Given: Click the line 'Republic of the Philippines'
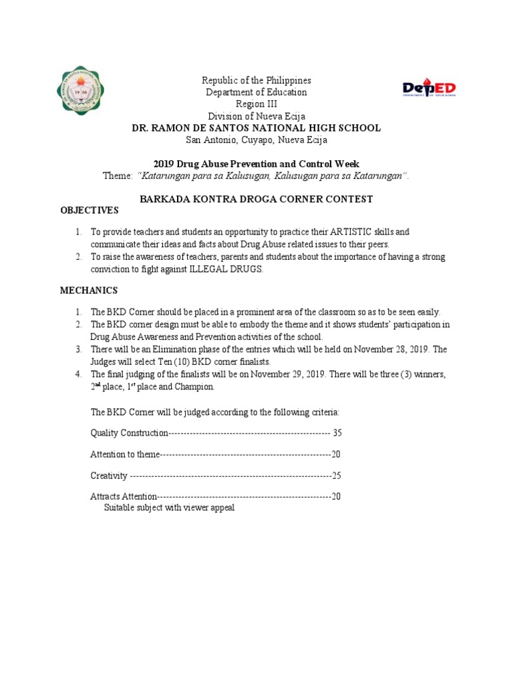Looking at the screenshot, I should (x=256, y=80).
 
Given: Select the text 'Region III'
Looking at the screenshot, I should (x=256, y=104).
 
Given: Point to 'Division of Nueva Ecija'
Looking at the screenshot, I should (x=256, y=116).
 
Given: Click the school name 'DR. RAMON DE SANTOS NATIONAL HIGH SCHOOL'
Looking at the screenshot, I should (x=256, y=128).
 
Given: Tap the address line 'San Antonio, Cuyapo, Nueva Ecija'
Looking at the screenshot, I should (x=256, y=140).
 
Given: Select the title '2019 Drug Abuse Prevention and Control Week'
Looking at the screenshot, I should (x=256, y=164).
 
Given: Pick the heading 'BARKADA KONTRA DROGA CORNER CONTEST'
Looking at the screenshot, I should (x=256, y=199).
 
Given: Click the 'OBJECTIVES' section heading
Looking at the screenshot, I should (x=89, y=210).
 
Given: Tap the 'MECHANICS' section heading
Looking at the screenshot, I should (x=89, y=291).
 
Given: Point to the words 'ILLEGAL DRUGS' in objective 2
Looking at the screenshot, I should (x=234, y=269).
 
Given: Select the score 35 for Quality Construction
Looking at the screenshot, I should (x=337, y=433).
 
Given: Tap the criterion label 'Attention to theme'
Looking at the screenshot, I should (x=125, y=454).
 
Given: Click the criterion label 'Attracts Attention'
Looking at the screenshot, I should (x=124, y=496).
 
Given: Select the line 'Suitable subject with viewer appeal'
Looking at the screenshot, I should (x=169, y=508).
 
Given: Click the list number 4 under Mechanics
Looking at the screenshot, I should (x=78, y=374).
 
